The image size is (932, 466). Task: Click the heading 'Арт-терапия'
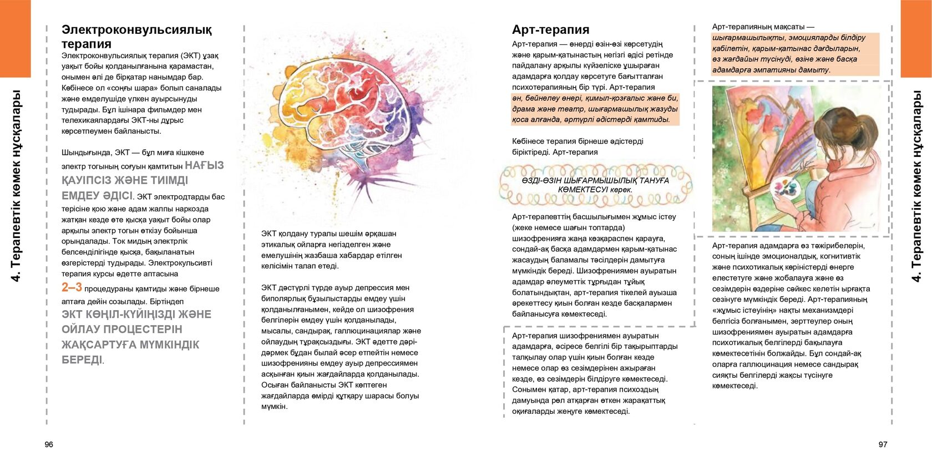(550, 30)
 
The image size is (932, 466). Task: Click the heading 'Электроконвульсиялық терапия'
(136, 37)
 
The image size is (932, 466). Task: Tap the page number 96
(49, 444)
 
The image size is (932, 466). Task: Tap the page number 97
(883, 444)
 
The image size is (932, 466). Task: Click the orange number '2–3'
(72, 287)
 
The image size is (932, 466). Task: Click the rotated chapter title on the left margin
(16, 186)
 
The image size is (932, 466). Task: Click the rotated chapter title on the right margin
(916, 186)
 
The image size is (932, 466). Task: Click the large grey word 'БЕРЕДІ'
(82, 360)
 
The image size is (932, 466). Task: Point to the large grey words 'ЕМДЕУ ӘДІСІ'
(97, 196)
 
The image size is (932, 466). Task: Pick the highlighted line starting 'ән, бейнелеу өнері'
(594, 98)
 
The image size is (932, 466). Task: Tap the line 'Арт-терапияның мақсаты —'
(763, 27)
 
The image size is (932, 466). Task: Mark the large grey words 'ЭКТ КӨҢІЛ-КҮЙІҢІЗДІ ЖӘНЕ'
(136, 315)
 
